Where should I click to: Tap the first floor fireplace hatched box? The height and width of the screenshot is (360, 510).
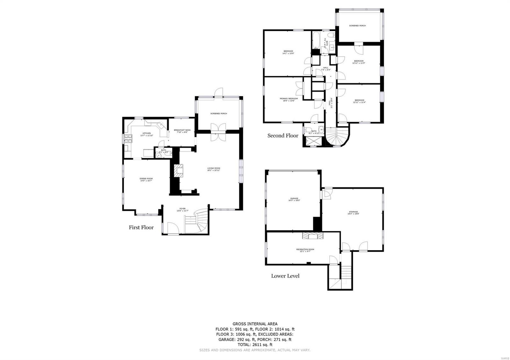pos(178,170)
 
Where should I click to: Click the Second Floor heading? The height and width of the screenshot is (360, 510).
pos(283,136)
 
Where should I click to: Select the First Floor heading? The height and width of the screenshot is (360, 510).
pos(141,227)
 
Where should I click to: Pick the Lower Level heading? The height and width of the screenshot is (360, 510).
pos(285,276)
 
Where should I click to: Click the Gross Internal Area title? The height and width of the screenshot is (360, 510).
pos(255,324)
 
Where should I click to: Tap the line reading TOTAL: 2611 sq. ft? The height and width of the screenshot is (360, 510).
pos(255,344)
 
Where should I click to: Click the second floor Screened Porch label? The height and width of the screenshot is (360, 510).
pos(357,25)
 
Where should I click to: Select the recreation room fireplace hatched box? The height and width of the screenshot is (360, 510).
pos(313,235)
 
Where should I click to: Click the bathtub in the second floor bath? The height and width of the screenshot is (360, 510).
pos(316,40)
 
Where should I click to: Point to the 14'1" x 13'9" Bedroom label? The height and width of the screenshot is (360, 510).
pos(288,52)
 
